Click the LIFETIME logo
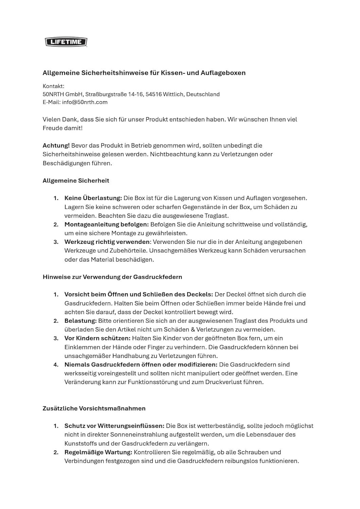point(66,42)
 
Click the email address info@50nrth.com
point(85,102)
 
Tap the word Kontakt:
point(53,86)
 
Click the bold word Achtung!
point(56,146)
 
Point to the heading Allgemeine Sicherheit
point(76,181)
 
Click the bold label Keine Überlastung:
point(93,198)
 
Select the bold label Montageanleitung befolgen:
point(107,224)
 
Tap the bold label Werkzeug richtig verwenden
point(107,242)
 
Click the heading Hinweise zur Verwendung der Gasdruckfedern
point(112,277)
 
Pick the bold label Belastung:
point(80,321)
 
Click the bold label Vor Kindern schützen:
point(97,338)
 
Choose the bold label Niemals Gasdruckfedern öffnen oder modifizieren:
point(141,365)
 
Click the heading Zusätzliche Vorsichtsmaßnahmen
point(94,409)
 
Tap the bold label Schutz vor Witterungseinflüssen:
point(114,426)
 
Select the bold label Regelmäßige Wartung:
point(98,452)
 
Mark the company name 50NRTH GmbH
point(62,94)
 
